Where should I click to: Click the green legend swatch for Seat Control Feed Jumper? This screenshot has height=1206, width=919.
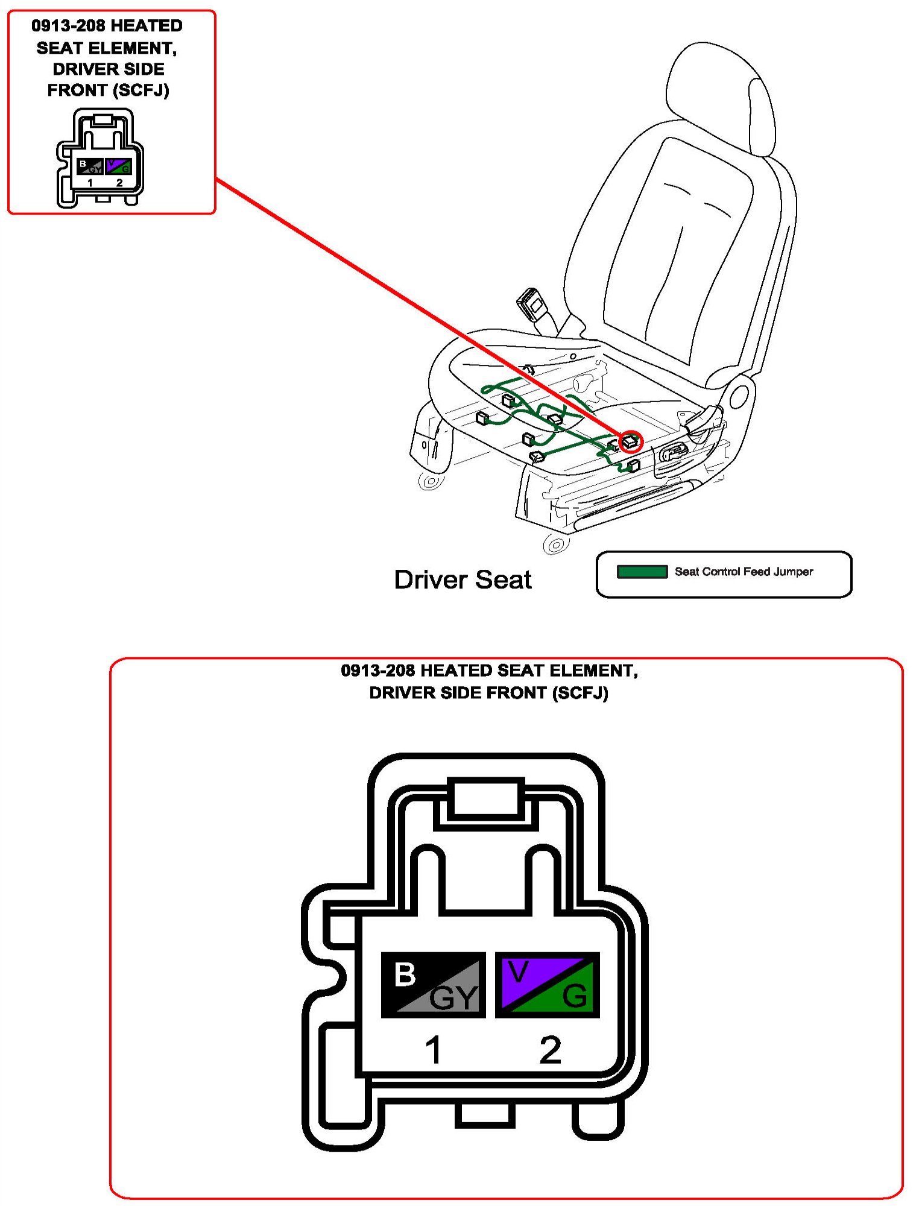[x=642, y=572]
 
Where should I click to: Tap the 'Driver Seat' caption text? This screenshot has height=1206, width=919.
[x=463, y=579]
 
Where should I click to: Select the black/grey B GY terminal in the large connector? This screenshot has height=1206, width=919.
[x=433, y=985]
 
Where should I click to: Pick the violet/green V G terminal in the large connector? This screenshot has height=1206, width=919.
[x=547, y=985]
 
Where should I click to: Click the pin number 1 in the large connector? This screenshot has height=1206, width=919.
[x=433, y=1050]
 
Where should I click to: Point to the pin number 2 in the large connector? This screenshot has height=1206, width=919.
[x=550, y=1050]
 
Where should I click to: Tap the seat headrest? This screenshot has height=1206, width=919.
[x=721, y=96]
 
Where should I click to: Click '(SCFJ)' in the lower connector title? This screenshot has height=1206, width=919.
[x=580, y=693]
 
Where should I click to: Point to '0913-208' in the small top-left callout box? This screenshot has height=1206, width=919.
[x=69, y=26]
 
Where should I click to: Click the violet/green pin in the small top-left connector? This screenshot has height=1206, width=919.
[x=118, y=166]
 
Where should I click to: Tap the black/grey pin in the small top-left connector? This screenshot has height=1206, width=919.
[x=90, y=166]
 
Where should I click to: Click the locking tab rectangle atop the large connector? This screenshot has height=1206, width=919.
[x=485, y=798]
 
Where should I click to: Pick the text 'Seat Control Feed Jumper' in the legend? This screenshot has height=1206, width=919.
[x=744, y=572]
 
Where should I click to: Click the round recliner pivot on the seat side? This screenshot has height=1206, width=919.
[x=738, y=397]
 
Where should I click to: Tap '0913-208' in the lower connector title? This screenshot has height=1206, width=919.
[x=377, y=671]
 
